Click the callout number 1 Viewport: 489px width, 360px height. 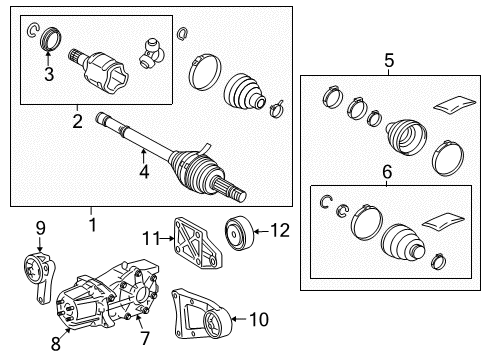[x=92, y=224]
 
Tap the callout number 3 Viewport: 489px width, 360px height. [x=47, y=72]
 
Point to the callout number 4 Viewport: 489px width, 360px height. [x=144, y=172]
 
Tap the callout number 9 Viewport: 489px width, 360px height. [x=41, y=228]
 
